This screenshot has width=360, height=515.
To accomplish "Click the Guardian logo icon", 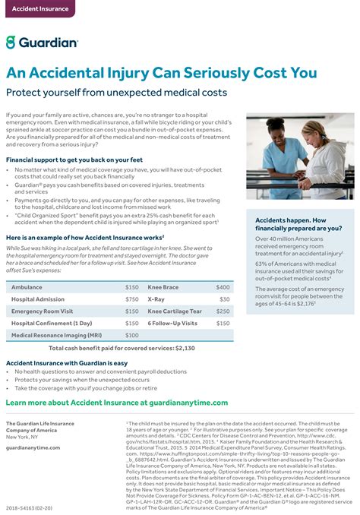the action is point(11,43).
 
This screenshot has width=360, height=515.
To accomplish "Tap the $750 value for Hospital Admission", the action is point(131,299).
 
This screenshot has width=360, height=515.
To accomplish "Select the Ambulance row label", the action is point(27,287).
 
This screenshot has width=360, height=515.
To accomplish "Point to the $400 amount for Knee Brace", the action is point(223,287).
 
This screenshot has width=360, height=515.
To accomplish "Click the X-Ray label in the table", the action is point(156,299).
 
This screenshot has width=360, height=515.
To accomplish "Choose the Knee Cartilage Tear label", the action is point(175,311).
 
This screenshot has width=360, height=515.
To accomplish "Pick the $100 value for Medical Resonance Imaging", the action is point(131,335).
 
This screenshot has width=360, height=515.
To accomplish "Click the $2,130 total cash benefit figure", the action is point(185,347).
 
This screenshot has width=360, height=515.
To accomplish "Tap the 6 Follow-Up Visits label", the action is point(172,323).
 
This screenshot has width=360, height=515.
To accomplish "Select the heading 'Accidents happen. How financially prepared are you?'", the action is point(298,223).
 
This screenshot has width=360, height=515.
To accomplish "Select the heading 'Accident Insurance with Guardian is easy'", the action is point(66,363).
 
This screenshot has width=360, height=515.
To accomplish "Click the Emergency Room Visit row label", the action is point(43,311).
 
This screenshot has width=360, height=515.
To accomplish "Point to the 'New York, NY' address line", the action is point(21,437).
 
